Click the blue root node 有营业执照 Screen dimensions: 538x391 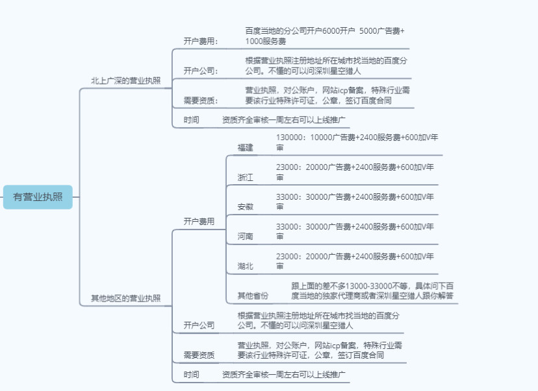pyautogui.click(x=38, y=197)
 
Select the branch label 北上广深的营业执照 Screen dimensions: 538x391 pyautogui.click(x=125, y=81)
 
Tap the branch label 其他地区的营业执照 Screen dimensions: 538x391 pyautogui.click(x=125, y=298)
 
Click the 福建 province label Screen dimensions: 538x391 pyautogui.click(x=246, y=148)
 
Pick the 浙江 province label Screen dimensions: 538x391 pyautogui.click(x=246, y=178)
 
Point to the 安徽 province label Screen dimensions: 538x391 pyautogui.click(x=246, y=207)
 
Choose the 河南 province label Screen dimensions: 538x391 pyautogui.click(x=246, y=237)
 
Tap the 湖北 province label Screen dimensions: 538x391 pyautogui.click(x=246, y=266)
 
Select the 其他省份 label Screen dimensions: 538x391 pyautogui.click(x=253, y=296)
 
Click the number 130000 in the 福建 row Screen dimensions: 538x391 pyautogui.click(x=290, y=137)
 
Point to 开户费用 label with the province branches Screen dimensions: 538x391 pyautogui.click(x=199, y=222)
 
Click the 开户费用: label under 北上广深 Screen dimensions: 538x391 pyautogui.click(x=200, y=41)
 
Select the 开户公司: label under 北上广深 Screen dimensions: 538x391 pyautogui.click(x=200, y=71)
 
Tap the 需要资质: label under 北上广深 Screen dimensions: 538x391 pyautogui.click(x=200, y=101)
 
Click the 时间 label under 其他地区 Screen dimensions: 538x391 pyautogui.click(x=191, y=375)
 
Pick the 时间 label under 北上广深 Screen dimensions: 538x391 pyautogui.click(x=191, y=120)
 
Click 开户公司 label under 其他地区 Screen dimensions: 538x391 pyautogui.click(x=199, y=326)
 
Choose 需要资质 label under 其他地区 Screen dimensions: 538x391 pyautogui.click(x=199, y=355)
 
